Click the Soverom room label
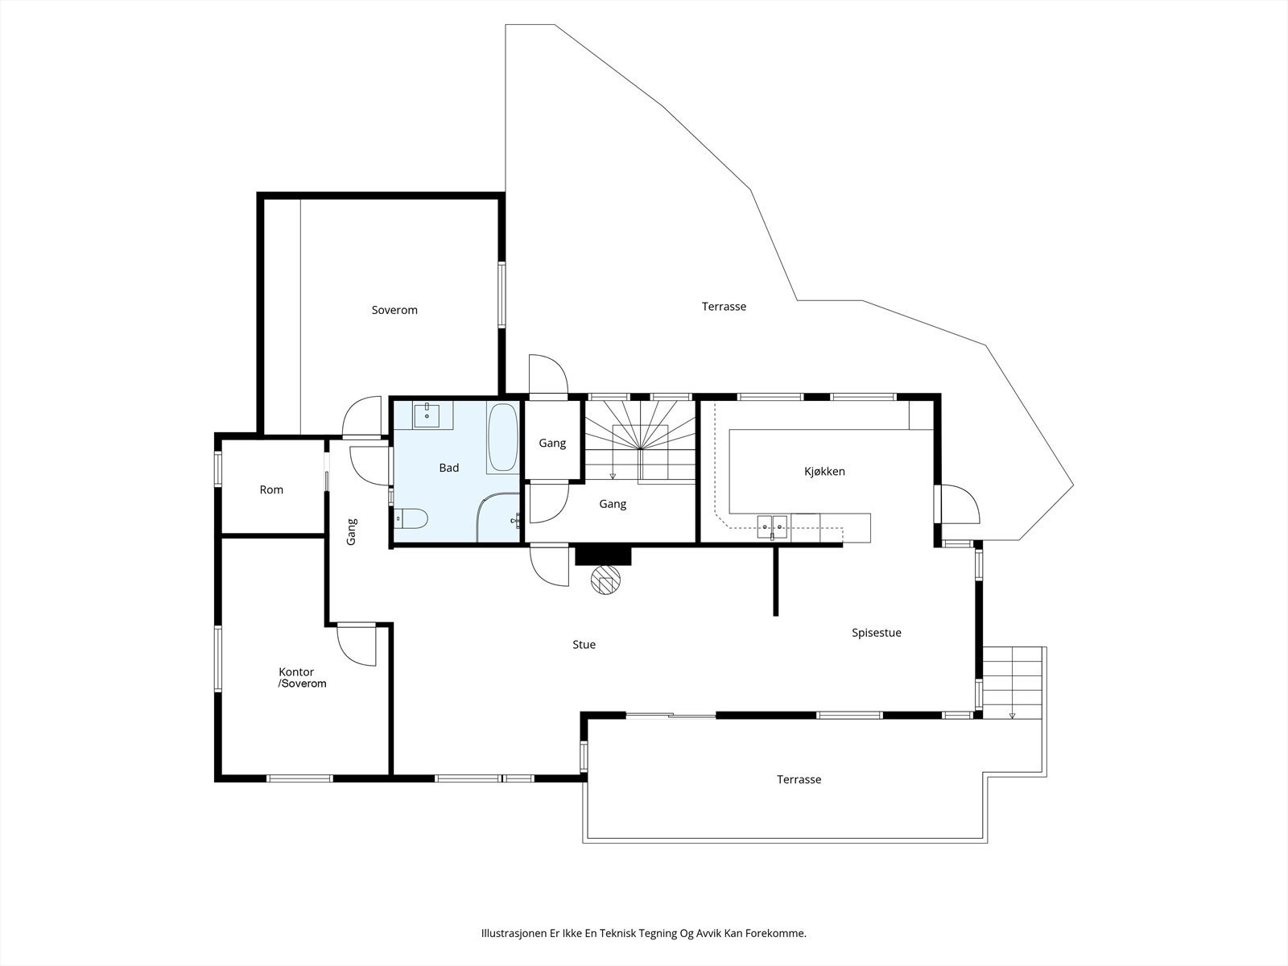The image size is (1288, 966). coord(394,310)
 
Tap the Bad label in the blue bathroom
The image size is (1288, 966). coord(449,468)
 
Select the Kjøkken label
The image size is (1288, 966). coord(824,471)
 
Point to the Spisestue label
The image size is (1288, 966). coord(876,632)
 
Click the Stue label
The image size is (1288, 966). coord(584,644)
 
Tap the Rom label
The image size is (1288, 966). coord(271,489)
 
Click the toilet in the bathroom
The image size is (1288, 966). coord(411,518)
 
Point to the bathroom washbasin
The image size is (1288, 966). coord(427,415)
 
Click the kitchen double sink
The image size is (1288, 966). coord(772,526)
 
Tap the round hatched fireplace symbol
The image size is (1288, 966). coord(605,580)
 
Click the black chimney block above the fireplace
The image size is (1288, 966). coord(603,556)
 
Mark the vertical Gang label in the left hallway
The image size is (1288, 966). coord(352,531)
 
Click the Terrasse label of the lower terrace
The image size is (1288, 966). coord(799,779)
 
